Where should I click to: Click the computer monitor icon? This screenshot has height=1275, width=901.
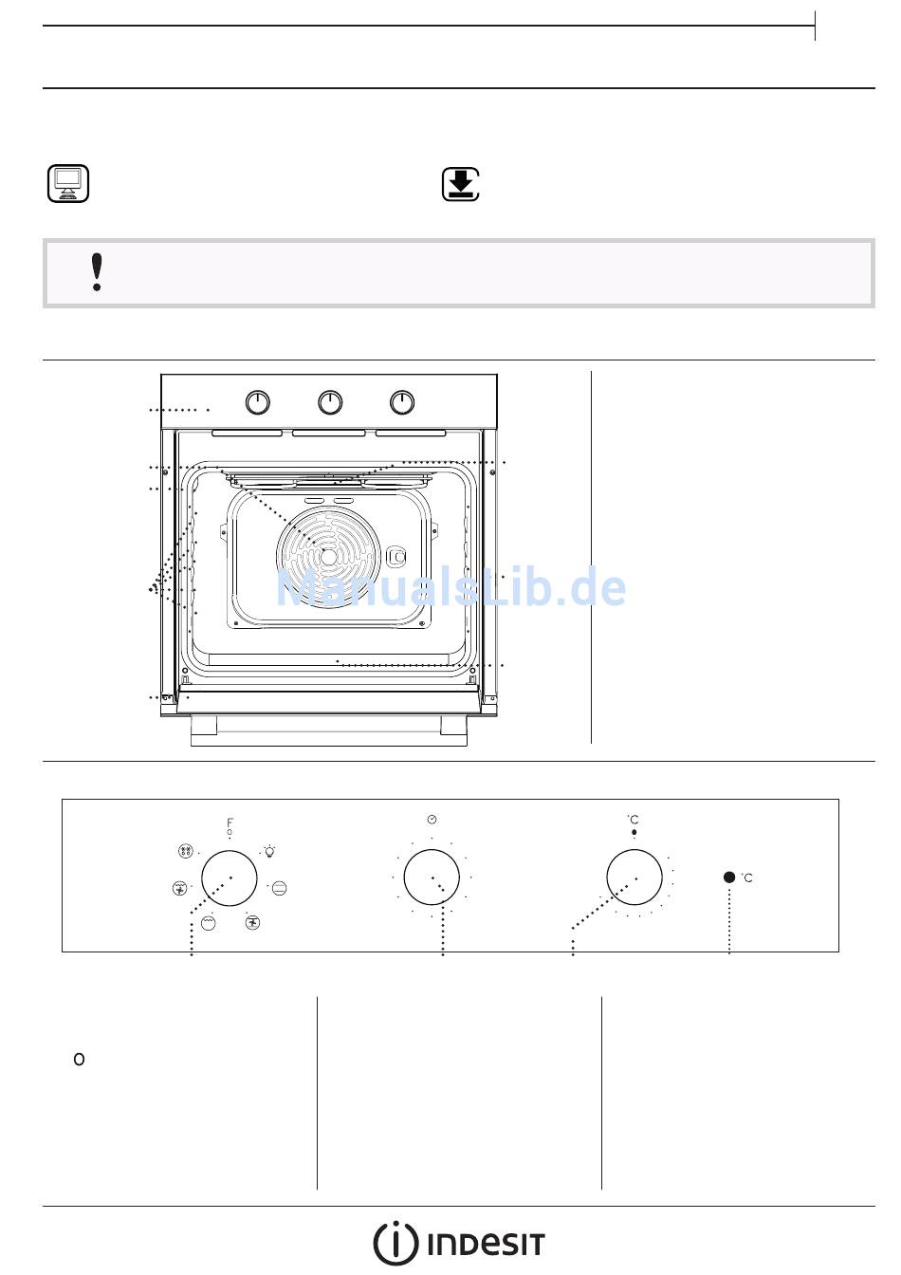pos(67,183)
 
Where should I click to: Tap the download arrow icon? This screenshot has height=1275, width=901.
pos(461,184)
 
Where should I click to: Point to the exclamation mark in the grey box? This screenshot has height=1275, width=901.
pos(98,272)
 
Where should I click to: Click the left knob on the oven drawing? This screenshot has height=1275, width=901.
pos(258,402)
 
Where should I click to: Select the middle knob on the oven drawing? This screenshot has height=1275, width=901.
pos(330,402)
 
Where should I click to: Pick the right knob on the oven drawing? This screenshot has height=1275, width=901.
pos(402,402)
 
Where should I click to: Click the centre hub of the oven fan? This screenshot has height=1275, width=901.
pos(328,557)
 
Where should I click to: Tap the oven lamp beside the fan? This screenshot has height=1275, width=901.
pos(396,557)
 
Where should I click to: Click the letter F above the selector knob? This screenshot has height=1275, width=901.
pos(230,822)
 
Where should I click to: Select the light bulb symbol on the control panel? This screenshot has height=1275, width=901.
pos(269,852)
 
